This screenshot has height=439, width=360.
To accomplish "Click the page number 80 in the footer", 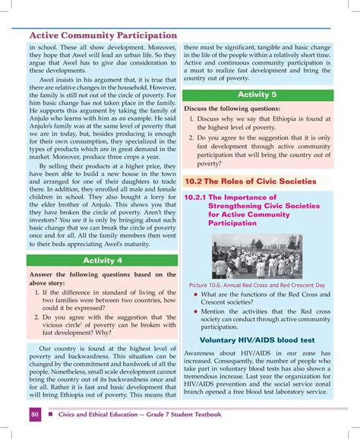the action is click(36, 415).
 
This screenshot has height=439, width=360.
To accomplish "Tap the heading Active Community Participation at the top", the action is click(103, 35).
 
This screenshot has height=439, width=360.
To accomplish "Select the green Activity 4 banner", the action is click(103, 261).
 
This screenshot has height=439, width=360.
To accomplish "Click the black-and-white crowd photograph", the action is click(257, 257).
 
